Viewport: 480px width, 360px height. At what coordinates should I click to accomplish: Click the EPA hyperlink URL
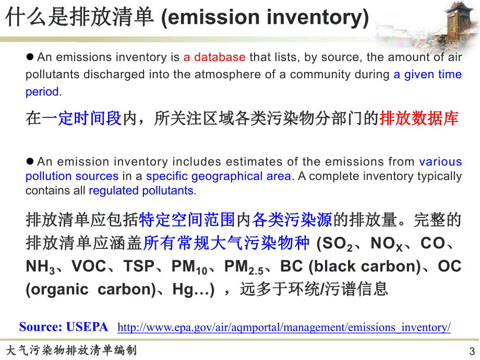[284, 328]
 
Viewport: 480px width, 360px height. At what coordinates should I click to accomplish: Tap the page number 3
[472, 351]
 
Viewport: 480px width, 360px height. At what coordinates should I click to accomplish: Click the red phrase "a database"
[214, 57]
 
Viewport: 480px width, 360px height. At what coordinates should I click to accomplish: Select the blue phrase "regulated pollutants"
[141, 190]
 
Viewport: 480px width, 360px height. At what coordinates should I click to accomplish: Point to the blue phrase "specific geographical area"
[218, 176]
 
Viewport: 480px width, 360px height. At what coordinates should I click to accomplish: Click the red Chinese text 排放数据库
[419, 118]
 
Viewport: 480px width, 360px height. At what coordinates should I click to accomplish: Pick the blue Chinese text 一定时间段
[82, 118]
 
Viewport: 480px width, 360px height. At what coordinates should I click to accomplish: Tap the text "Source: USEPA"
[64, 327]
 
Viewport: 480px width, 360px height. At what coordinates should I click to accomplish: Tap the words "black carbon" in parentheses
[365, 267]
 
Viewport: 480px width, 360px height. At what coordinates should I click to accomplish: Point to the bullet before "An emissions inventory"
[30, 57]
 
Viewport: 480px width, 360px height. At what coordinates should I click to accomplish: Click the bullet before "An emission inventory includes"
[30, 162]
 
